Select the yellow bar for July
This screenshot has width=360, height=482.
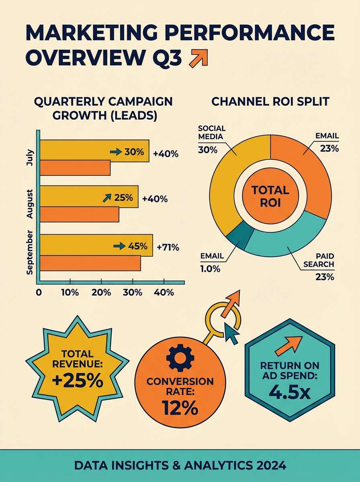click(x=80, y=151)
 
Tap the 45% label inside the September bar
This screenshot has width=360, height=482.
click(x=137, y=246)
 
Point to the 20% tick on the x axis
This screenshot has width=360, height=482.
click(x=101, y=292)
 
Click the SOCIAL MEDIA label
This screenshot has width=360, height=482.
click(x=212, y=133)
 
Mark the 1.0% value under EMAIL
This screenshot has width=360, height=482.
click(x=210, y=269)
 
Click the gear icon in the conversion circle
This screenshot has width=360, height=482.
click(x=180, y=357)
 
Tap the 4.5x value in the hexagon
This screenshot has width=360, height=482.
click(x=290, y=392)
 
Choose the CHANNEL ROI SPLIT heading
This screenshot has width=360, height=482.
click(x=270, y=101)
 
